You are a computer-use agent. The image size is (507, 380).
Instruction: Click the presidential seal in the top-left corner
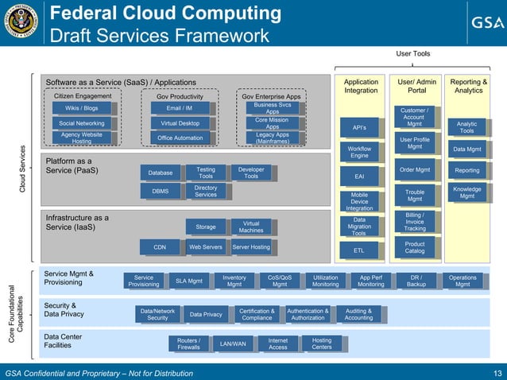tap(20, 22)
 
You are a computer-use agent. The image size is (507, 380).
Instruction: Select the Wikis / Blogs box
tap(82, 108)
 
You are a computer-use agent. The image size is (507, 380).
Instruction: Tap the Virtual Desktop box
tap(180, 123)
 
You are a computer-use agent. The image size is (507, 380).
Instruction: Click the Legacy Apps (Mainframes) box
tap(272, 138)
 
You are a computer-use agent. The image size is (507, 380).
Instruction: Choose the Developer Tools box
tap(251, 173)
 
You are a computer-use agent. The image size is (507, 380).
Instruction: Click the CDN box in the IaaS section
tap(160, 247)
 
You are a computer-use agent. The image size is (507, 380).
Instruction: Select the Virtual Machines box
tap(251, 227)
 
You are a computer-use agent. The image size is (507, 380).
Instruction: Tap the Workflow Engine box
tap(359, 152)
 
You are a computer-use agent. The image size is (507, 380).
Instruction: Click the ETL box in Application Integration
tap(359, 250)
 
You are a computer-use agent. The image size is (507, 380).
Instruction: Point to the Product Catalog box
tap(414, 248)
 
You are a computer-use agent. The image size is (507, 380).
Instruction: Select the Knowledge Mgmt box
tap(467, 192)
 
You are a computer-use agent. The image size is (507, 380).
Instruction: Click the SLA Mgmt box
tap(189, 281)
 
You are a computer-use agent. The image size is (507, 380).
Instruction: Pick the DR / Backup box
tap(416, 281)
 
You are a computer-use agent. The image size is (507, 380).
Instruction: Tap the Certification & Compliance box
tap(257, 314)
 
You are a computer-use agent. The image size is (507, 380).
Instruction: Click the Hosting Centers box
tap(322, 343)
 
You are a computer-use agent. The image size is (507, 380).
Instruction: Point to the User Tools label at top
tap(413, 54)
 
